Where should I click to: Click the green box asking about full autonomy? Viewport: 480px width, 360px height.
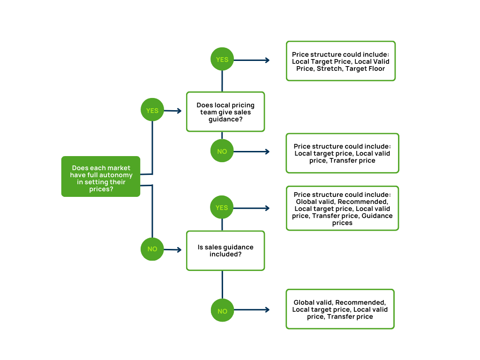click(101, 176)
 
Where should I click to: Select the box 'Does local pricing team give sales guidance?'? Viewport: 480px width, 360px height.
click(225, 112)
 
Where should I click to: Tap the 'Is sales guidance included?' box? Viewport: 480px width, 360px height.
click(225, 250)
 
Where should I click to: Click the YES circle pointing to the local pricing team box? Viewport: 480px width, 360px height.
click(152, 110)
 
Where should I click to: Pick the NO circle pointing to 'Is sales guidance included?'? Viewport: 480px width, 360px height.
click(152, 249)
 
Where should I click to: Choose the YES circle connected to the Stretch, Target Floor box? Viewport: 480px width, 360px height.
click(222, 60)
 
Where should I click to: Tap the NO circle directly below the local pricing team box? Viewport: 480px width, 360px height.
click(222, 151)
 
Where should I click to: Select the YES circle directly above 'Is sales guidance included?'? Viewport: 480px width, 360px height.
click(222, 208)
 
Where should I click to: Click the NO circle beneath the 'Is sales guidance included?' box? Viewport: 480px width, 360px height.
click(222, 311)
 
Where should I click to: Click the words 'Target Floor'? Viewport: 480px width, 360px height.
click(365, 69)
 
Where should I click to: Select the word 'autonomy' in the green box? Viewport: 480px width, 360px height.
click(117, 175)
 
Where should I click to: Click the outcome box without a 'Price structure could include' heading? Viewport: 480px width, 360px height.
click(340, 309)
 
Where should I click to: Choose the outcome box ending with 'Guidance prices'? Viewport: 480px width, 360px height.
click(342, 208)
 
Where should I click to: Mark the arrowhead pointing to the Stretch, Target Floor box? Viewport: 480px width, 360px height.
click(267, 60)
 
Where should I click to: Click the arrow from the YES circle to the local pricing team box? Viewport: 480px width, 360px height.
click(172, 111)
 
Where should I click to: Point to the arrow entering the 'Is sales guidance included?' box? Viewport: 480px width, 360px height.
click(172, 249)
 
